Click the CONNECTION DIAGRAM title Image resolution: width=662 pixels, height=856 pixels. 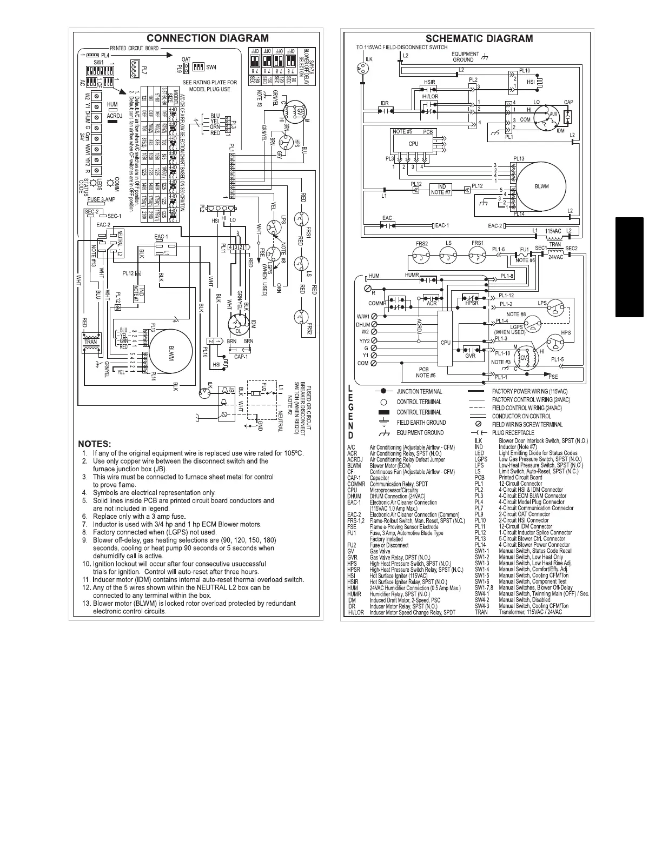click(208, 38)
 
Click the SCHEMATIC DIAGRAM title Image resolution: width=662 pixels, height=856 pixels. click(479, 38)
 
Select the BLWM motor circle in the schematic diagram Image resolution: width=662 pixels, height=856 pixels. click(541, 186)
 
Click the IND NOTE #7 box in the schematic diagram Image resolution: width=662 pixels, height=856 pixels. click(441, 190)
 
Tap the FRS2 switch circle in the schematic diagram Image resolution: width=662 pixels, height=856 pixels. click(421, 254)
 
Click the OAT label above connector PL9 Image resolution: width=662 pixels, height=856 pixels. click(186, 59)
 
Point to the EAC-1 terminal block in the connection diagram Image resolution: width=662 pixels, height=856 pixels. click(162, 249)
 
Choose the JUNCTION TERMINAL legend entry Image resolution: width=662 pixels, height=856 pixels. click(419, 391)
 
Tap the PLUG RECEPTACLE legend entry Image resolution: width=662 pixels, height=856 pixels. click(513, 432)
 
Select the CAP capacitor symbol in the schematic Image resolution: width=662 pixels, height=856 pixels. click(568, 115)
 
